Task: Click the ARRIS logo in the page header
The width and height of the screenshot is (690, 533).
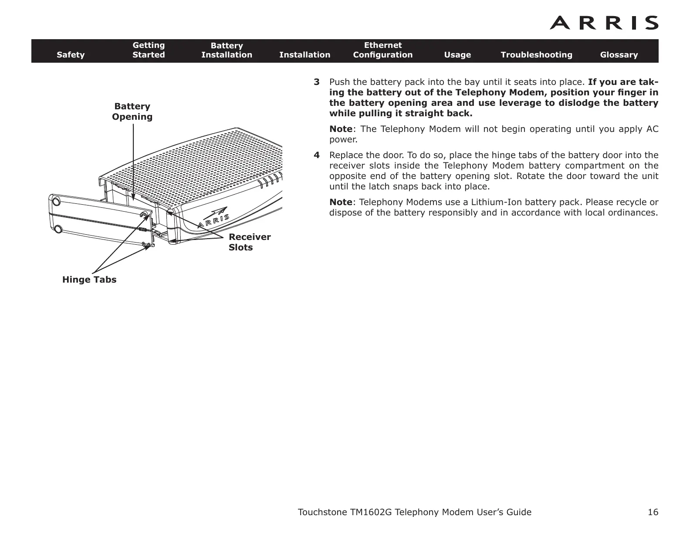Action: coord(604,23)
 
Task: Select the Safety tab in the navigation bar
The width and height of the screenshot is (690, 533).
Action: coord(71,55)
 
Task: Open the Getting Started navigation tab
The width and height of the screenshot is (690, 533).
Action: coord(149,50)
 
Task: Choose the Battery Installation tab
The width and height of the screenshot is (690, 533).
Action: coord(227,50)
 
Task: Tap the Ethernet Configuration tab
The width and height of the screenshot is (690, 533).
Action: coord(382,50)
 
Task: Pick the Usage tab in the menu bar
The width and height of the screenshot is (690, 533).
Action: coord(457,55)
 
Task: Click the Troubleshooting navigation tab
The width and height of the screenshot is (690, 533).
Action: coord(536,55)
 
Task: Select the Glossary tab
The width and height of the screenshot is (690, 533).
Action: coord(619,55)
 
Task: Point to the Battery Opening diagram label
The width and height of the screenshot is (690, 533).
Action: coord(132,111)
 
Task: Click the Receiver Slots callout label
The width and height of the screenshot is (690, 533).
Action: coord(249,242)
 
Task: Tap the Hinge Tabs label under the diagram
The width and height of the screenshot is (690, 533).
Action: coord(89,280)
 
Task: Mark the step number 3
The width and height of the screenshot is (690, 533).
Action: coord(317,82)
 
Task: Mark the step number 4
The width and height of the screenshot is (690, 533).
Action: coord(317,155)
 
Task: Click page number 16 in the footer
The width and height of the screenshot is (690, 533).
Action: coord(653,512)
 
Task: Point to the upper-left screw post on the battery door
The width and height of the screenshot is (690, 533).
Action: coord(56,202)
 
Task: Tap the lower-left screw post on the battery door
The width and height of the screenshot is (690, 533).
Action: coord(58,229)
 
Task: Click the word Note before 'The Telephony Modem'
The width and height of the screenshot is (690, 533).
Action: coord(341,129)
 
